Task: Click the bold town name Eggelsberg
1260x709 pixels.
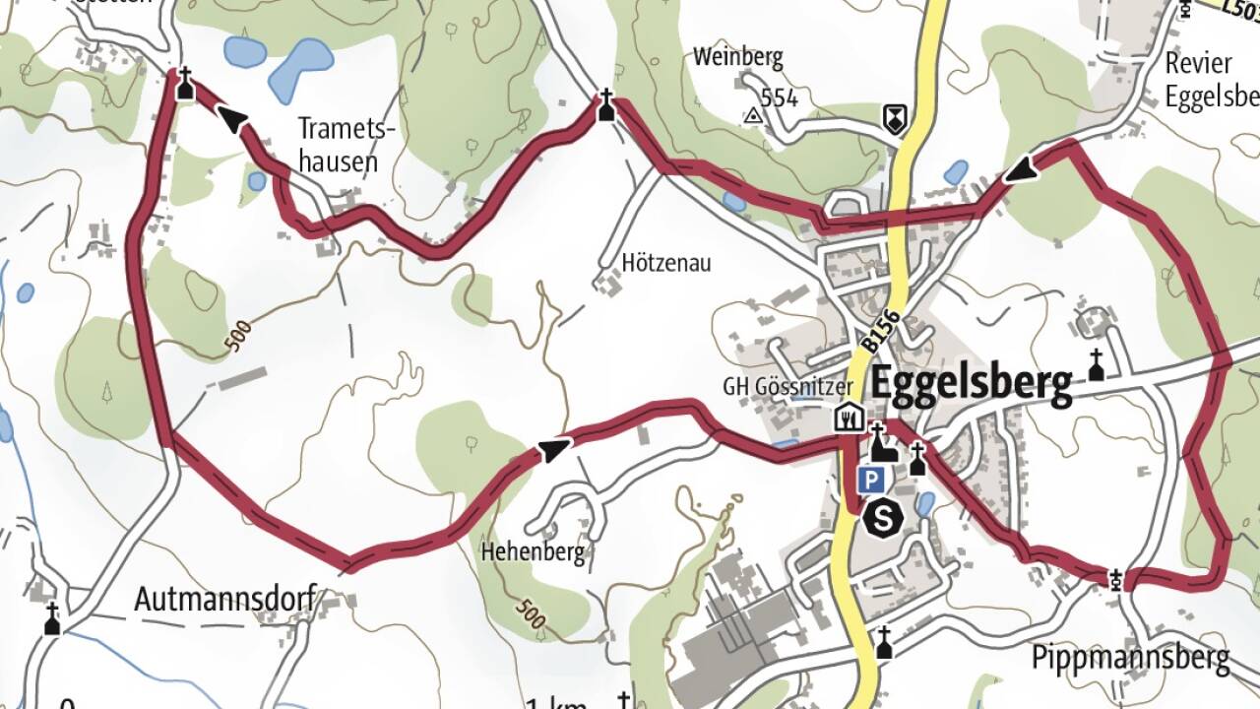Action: (971, 386)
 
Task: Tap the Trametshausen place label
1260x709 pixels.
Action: (339, 145)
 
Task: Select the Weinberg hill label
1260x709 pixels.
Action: (737, 57)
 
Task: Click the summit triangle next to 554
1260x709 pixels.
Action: (754, 116)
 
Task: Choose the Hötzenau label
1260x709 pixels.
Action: (666, 264)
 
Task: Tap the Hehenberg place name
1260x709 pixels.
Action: (533, 551)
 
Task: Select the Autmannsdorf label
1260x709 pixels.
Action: (225, 598)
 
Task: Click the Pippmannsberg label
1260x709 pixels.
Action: (1131, 658)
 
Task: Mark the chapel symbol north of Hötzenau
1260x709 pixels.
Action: (606, 105)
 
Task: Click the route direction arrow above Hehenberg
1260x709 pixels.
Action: (552, 451)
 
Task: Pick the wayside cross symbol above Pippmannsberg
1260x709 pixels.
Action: (1115, 578)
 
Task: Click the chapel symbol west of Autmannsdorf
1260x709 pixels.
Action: (52, 619)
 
